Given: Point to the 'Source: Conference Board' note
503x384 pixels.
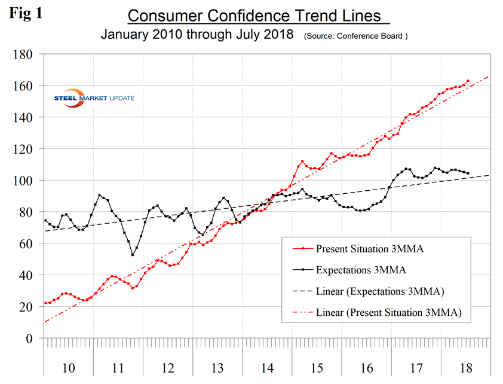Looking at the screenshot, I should [356, 36].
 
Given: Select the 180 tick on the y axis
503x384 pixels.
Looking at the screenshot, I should [29, 54].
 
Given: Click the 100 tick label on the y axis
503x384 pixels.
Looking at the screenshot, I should [29, 180].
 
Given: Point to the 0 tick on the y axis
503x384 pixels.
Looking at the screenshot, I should [34, 339].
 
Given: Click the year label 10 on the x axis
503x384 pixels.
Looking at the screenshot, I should [68, 367].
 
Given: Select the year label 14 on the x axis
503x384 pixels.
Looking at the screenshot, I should [267, 367].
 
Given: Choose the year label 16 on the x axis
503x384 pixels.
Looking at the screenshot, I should [367, 367].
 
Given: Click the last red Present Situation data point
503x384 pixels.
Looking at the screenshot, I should [468, 81].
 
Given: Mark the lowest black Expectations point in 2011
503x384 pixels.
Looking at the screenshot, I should [133, 255].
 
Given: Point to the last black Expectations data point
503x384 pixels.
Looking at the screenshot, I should [468, 173].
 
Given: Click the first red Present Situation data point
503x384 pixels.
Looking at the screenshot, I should [45, 303].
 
